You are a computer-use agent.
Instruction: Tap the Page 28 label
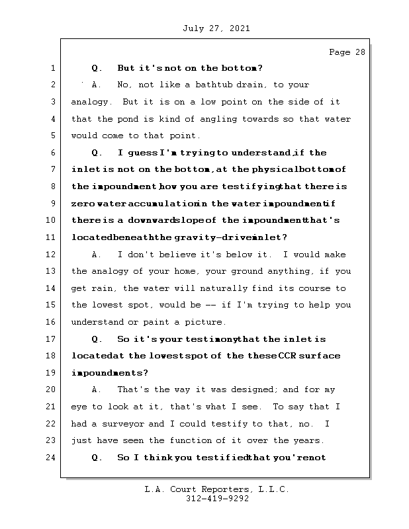coord(347,52)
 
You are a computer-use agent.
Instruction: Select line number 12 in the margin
coord(52,255)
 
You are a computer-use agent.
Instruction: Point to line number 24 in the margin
coord(52,458)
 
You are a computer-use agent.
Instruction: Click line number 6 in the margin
coord(52,153)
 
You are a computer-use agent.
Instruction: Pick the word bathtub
coord(204,85)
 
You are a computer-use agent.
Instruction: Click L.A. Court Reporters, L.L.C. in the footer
coord(216,489)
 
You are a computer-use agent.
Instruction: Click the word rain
coord(99,289)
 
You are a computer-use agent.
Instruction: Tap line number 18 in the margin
coord(52,356)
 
